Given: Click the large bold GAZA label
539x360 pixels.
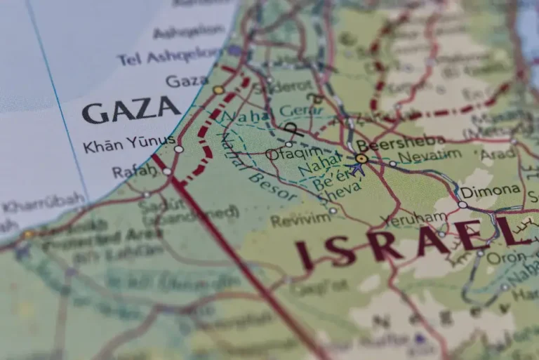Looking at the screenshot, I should [x=131, y=109].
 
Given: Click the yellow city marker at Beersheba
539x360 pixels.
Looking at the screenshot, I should [x=361, y=159].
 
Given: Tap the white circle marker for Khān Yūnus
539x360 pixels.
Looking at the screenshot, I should [x=179, y=149].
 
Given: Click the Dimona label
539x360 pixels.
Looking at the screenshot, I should [x=491, y=190].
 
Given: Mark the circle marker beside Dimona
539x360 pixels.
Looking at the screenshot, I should [x=462, y=205].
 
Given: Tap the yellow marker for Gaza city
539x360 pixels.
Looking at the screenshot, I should [x=218, y=90].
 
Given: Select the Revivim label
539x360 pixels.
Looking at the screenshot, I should [x=300, y=220].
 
